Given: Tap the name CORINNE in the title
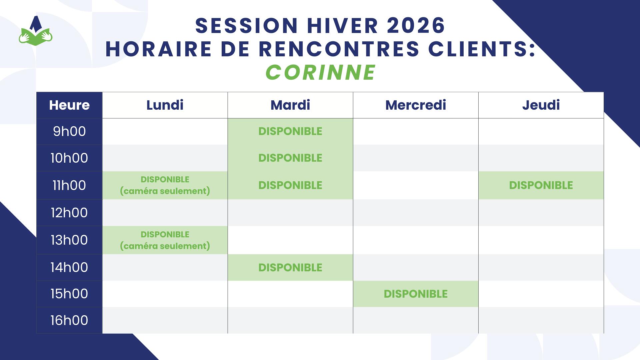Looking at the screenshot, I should click(x=321, y=72).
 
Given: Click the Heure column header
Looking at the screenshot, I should click(x=69, y=105).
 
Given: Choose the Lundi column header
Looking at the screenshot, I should click(x=165, y=105).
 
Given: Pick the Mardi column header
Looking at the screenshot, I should click(x=290, y=105).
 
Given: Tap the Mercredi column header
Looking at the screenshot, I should click(x=416, y=105).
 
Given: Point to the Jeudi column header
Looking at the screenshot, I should click(x=541, y=105).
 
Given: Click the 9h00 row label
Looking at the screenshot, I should click(x=69, y=132).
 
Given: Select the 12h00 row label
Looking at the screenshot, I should click(x=69, y=213).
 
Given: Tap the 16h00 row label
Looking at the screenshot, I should click(x=69, y=320).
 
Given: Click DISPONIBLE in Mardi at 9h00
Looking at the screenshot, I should click(x=290, y=131).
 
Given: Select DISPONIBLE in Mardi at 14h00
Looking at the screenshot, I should click(x=290, y=267).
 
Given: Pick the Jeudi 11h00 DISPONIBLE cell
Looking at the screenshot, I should click(x=541, y=185).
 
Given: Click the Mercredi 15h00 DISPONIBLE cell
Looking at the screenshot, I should click(x=416, y=294).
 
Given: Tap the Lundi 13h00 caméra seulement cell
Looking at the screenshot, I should click(x=165, y=240).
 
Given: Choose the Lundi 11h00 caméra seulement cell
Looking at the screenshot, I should click(x=165, y=185).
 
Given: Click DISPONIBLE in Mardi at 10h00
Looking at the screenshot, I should click(x=290, y=158).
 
